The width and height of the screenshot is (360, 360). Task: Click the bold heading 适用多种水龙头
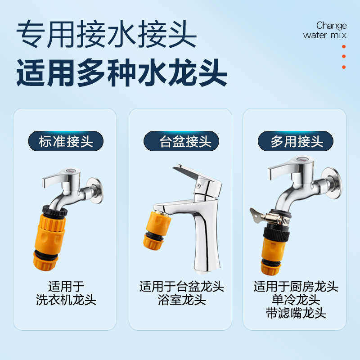point(121,73)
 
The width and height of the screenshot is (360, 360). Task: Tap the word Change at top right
point(331,25)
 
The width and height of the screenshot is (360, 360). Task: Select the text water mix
point(325,35)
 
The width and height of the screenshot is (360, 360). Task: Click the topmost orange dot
point(344,46)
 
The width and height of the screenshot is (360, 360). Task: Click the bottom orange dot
point(344,67)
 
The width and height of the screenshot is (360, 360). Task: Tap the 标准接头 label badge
point(66,141)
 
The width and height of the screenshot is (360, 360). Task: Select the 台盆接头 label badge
point(181,141)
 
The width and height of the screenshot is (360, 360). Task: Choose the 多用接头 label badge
point(296,141)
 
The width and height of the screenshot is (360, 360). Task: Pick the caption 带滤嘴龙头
point(296,314)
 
